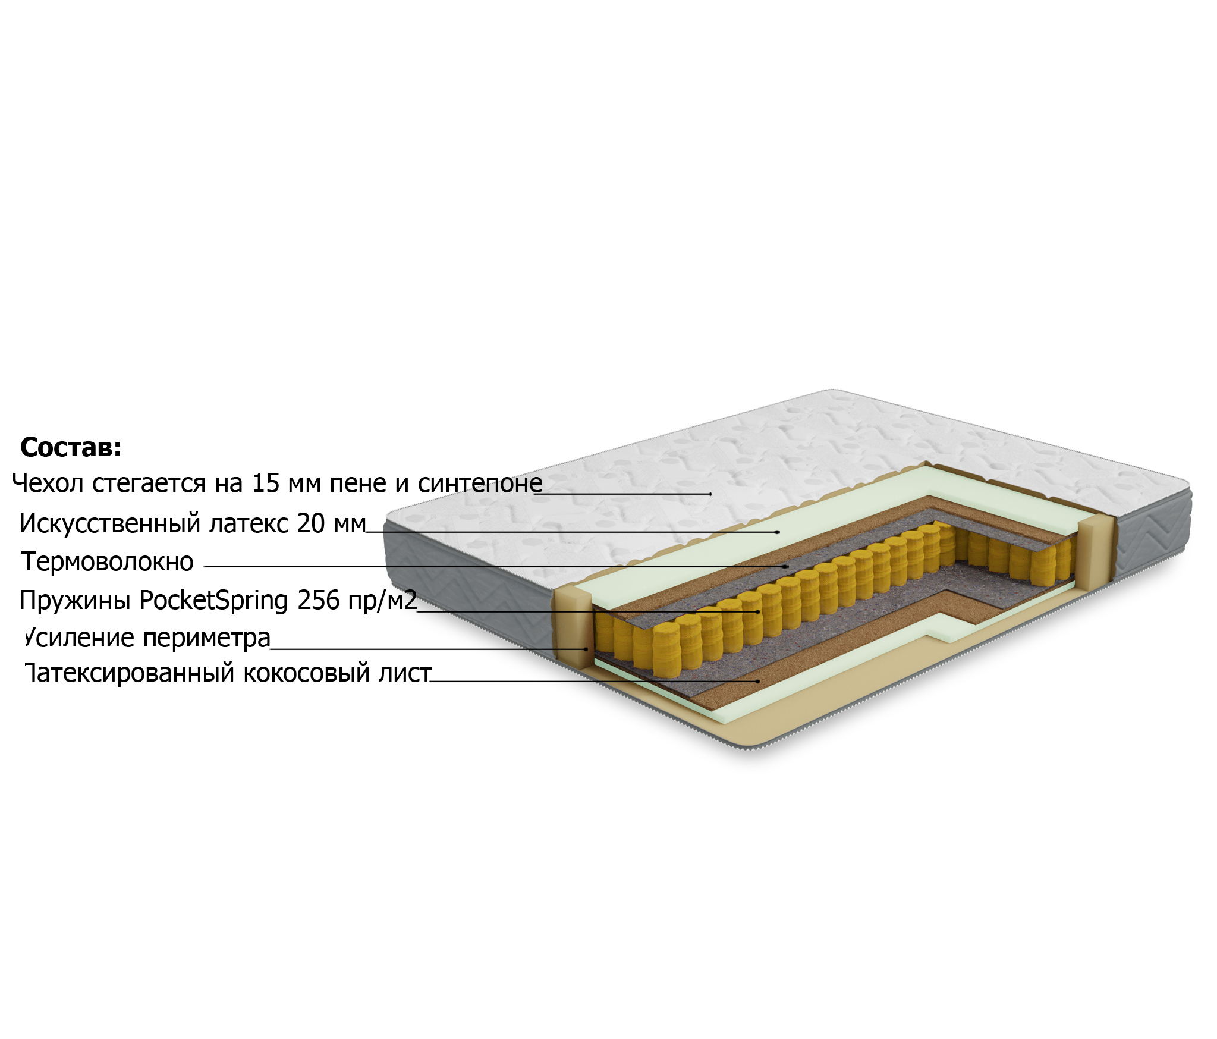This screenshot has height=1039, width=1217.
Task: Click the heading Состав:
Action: [x=71, y=447]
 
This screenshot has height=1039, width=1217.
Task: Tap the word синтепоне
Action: [x=480, y=483]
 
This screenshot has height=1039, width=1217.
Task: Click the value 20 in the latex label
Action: [x=311, y=523]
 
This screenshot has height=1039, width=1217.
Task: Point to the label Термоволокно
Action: [x=107, y=561]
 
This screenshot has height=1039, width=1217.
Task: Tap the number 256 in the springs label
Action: [x=318, y=600]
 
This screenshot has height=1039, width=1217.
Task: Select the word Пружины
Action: [x=75, y=601]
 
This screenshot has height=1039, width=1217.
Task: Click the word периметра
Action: [x=207, y=639]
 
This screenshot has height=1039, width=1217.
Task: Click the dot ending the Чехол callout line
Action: [x=710, y=494]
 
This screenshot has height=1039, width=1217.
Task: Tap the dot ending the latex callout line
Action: [x=777, y=532]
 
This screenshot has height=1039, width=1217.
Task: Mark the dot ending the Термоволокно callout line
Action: [x=787, y=566]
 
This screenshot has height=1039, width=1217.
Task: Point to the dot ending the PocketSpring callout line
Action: [x=758, y=611]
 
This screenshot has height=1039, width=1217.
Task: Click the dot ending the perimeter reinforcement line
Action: [x=586, y=649]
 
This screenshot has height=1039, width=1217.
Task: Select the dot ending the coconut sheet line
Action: [x=758, y=682]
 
